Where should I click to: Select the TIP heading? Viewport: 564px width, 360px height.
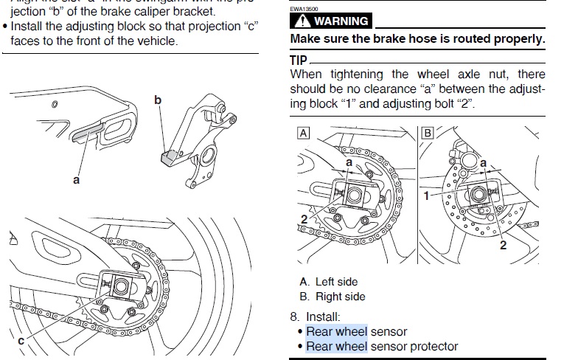[299, 58]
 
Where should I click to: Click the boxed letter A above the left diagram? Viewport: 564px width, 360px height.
[302, 133]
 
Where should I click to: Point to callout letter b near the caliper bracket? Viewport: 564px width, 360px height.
[157, 100]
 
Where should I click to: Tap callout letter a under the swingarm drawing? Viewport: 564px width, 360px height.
[76, 179]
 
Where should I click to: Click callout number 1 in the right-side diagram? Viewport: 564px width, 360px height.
[426, 195]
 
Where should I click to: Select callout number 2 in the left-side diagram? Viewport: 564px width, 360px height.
[303, 218]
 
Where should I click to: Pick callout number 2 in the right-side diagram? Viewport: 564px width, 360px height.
[503, 245]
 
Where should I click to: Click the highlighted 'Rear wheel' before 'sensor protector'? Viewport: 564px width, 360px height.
[336, 346]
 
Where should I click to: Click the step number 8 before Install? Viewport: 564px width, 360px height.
[293, 316]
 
